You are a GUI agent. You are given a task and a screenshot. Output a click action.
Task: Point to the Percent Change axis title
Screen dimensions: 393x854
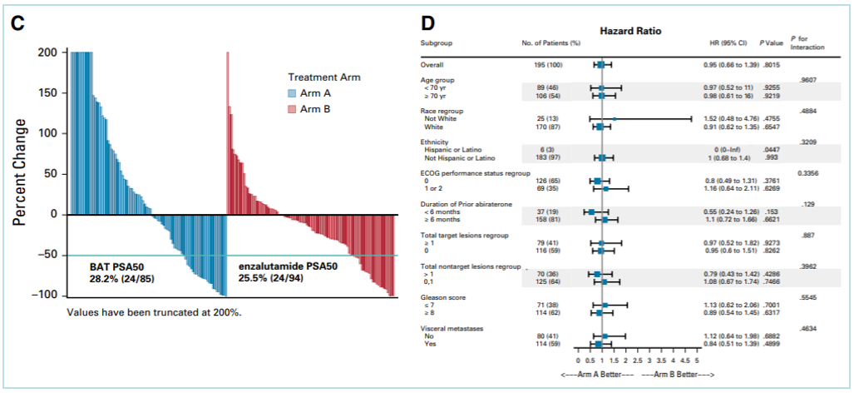pyautogui.click(x=20, y=173)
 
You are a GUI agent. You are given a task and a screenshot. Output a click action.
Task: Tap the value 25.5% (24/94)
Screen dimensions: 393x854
pyautogui.click(x=274, y=280)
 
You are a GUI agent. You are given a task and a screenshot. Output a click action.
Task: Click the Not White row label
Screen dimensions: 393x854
pyautogui.click(x=442, y=119)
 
